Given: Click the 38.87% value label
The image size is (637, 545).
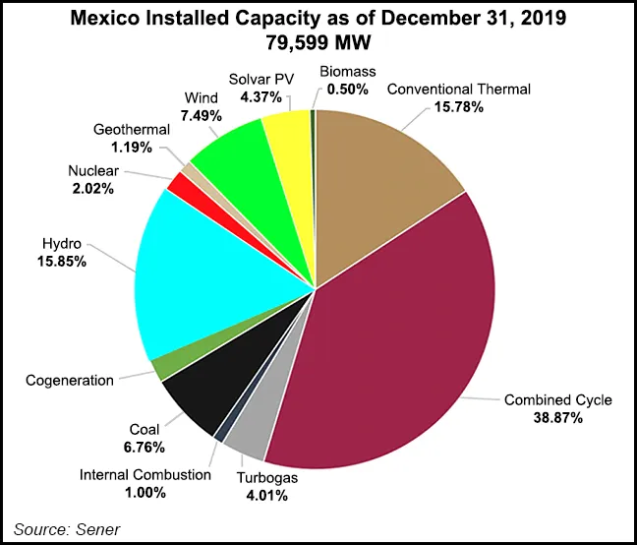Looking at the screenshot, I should (557, 418).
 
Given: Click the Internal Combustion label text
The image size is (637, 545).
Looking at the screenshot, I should (145, 474).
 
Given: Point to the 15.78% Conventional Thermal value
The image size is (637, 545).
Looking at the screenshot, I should (457, 106).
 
